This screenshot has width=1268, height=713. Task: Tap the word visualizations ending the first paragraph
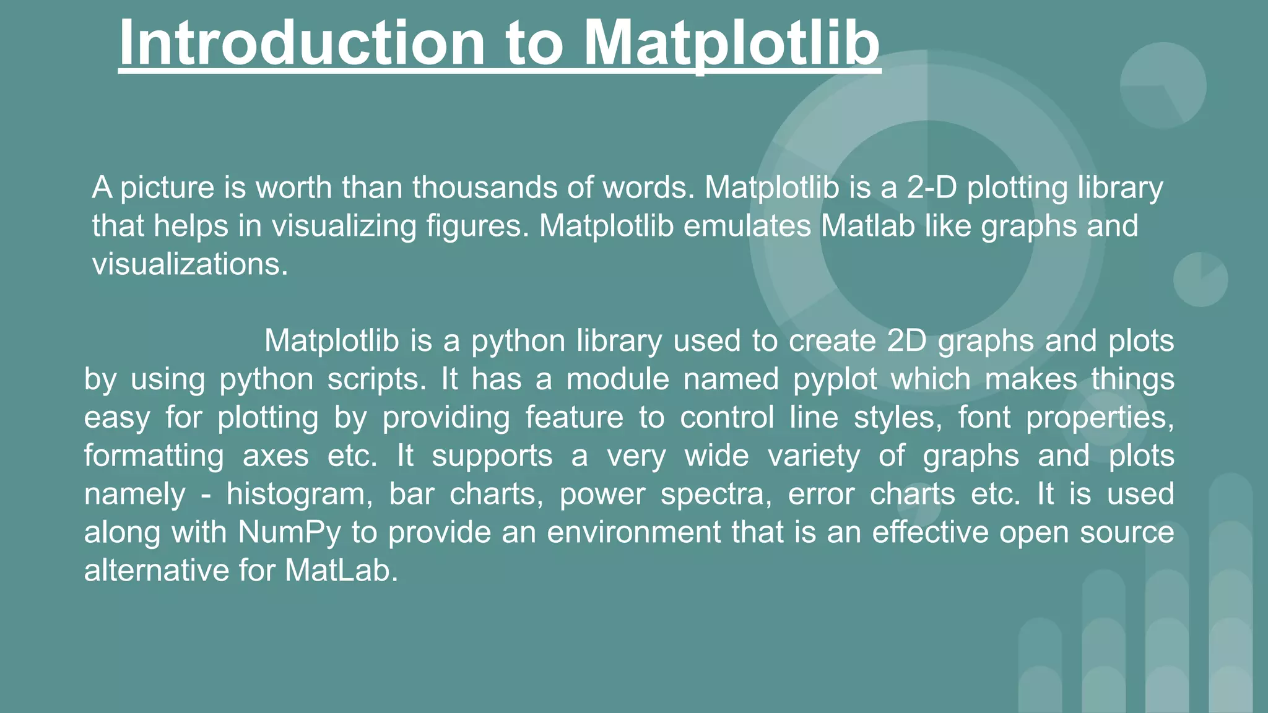tap(189, 264)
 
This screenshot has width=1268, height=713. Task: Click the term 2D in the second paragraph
tap(906, 341)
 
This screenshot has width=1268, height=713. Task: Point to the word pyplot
tap(835, 379)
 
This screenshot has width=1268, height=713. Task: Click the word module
tap(617, 379)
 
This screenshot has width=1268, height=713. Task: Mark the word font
tap(984, 418)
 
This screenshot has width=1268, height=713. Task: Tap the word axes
tap(276, 456)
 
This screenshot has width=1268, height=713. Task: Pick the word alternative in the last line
tap(157, 571)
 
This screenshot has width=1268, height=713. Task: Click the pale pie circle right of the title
tap(1163, 85)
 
